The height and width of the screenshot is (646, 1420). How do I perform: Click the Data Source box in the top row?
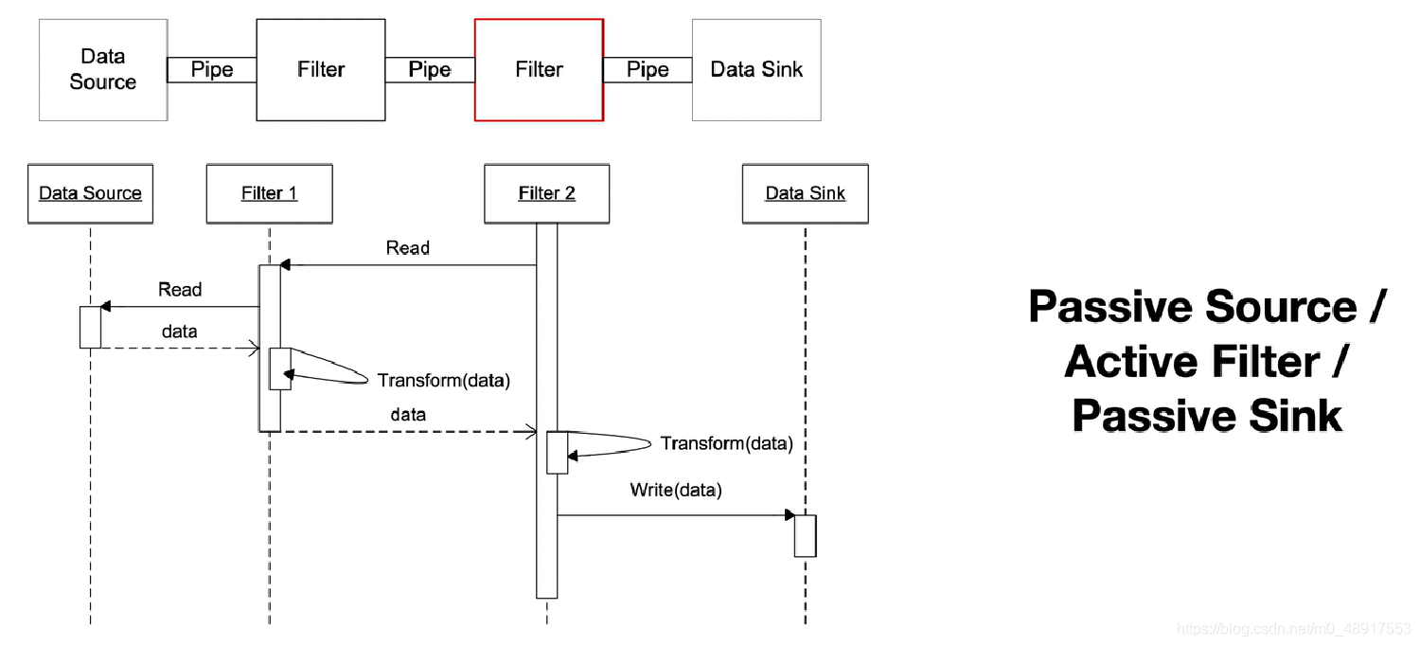(103, 69)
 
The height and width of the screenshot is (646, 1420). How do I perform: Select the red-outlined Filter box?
(539, 69)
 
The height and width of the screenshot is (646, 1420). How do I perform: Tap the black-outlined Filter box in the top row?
(321, 69)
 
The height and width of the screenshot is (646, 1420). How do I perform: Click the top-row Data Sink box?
(756, 69)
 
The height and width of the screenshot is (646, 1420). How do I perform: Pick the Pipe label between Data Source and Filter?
(212, 70)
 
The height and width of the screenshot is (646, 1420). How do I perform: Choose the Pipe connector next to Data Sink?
(648, 70)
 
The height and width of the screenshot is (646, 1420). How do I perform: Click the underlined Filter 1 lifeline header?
(269, 193)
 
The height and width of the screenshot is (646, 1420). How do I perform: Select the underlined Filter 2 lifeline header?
(546, 193)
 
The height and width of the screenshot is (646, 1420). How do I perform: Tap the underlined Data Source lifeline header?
(90, 193)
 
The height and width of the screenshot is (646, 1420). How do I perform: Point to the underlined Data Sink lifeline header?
(805, 193)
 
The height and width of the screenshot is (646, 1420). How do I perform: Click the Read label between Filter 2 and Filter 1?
(408, 248)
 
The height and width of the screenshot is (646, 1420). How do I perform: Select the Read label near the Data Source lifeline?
(180, 290)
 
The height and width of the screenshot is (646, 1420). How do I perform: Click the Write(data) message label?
(676, 490)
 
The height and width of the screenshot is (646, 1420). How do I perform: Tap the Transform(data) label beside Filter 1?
(444, 381)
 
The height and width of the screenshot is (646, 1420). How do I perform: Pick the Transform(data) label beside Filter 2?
(727, 443)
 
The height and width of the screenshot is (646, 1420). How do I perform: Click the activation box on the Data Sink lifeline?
(805, 535)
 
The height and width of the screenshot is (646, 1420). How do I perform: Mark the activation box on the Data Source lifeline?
(90, 327)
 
